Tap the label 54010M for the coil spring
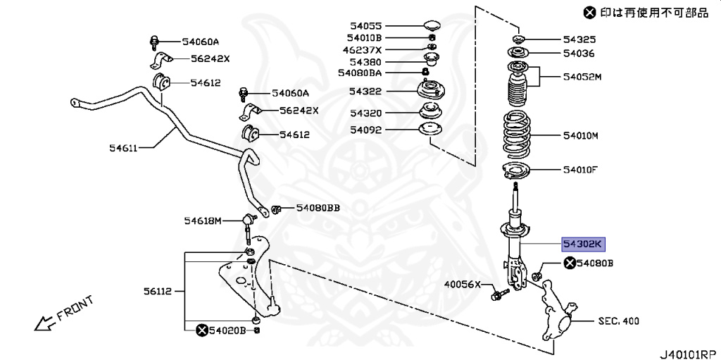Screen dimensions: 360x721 [580, 135]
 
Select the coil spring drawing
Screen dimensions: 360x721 [518, 135]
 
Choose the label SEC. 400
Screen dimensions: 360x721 [618, 321]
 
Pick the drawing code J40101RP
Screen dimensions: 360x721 [689, 349]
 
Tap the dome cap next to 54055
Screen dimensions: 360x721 [431, 26]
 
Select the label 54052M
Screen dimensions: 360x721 [582, 76]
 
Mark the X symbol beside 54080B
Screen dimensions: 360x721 [569, 263]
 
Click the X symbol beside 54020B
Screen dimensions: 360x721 [201, 330]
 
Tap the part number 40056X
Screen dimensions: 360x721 [461, 285]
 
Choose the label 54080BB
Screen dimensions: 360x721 [318, 208]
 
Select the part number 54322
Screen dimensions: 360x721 [365, 92]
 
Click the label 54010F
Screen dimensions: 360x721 [580, 169]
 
